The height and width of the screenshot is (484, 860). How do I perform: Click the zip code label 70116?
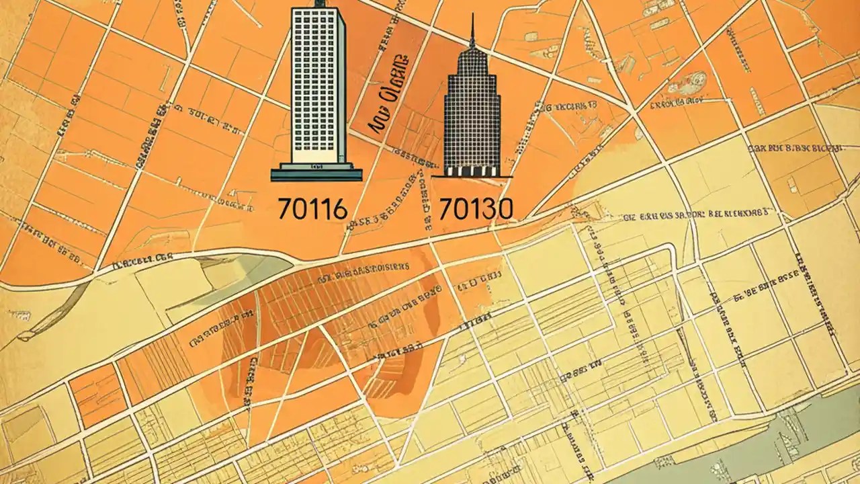coord(312,210)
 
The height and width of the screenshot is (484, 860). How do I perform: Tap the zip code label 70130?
coord(476,210)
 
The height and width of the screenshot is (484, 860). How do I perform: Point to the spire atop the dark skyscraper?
coord(472,30)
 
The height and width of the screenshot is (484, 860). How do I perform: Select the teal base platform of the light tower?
coord(316,175)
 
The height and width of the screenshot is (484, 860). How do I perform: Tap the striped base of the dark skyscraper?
coord(472,172)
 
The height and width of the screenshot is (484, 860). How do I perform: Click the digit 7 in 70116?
coord(285,210)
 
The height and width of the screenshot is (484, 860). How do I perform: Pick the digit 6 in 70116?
coord(339,210)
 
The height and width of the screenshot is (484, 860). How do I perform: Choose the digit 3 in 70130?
coord(488,210)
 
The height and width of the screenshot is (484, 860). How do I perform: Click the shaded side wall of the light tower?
coord(341,87)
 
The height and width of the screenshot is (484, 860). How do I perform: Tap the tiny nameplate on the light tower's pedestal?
coord(316,165)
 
